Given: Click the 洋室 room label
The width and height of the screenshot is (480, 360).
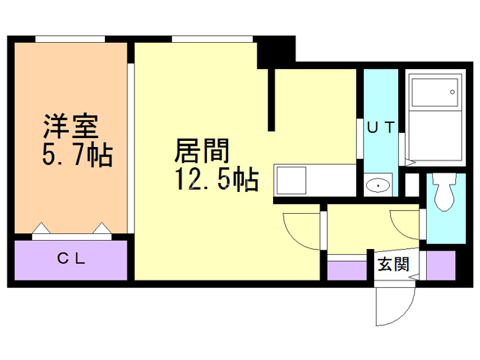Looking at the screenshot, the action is coord(71,126).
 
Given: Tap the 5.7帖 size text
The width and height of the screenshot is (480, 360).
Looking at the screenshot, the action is coord(77,155).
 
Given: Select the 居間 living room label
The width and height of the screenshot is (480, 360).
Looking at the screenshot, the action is coord(202,150).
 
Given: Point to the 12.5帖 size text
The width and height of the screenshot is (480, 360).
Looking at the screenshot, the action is coord(217,179).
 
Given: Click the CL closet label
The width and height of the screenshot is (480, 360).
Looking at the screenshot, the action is coord(71,259).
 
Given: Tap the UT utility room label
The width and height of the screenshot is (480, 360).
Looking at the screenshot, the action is coord(381,127).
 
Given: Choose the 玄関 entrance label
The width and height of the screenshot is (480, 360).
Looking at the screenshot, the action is coord(394,264).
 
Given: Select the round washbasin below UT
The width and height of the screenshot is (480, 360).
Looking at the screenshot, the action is coord(378,185).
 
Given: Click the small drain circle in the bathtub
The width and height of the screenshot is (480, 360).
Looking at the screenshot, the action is coord(452,91).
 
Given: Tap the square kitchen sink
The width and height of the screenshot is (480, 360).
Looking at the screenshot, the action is coord(291,180).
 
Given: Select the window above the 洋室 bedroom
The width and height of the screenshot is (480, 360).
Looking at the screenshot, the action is coord(70,39).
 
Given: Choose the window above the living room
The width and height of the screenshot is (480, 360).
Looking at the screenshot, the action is coord(212,39).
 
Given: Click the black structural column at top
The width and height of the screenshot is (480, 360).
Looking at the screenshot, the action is coord(276,52).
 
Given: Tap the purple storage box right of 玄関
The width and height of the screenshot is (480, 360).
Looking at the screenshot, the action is coord(441,265).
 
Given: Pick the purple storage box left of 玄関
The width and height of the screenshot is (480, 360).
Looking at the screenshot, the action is coord(347,271).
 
